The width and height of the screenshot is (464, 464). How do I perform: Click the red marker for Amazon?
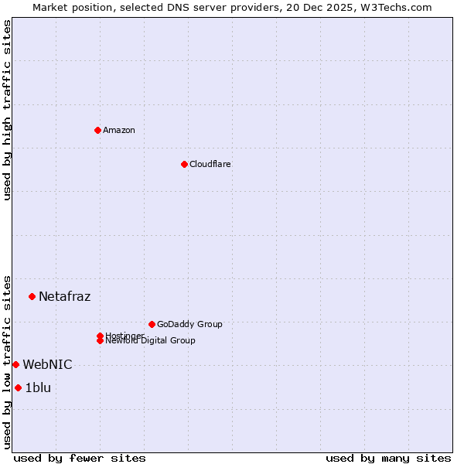pos(97,130)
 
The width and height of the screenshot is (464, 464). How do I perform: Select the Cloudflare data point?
pos(184,164)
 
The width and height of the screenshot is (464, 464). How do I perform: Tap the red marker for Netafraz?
pos(32,296)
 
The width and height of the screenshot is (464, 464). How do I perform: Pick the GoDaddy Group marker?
pos(152,324)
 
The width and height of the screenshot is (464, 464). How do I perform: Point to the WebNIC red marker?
pos(15,364)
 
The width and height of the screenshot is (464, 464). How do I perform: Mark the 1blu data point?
pos(18,387)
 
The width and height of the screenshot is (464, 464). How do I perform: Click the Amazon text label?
pos(119,130)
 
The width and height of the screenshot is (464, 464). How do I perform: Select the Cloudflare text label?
pos(210,164)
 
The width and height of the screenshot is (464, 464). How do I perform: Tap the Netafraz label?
pos(65,296)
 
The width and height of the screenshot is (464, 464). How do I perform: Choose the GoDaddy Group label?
pos(189,324)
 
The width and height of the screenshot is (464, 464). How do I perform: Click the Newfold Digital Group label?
pos(151,341)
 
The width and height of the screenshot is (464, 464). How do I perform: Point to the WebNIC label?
pos(47,364)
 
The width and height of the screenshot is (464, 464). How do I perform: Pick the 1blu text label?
pos(38,387)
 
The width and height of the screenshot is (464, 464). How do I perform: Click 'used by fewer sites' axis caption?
pos(80,458)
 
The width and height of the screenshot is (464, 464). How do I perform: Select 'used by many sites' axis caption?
pos(388,458)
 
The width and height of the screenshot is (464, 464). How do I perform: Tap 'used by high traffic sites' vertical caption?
pos(8,110)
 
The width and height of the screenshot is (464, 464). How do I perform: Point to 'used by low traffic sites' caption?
pos(8,361)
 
